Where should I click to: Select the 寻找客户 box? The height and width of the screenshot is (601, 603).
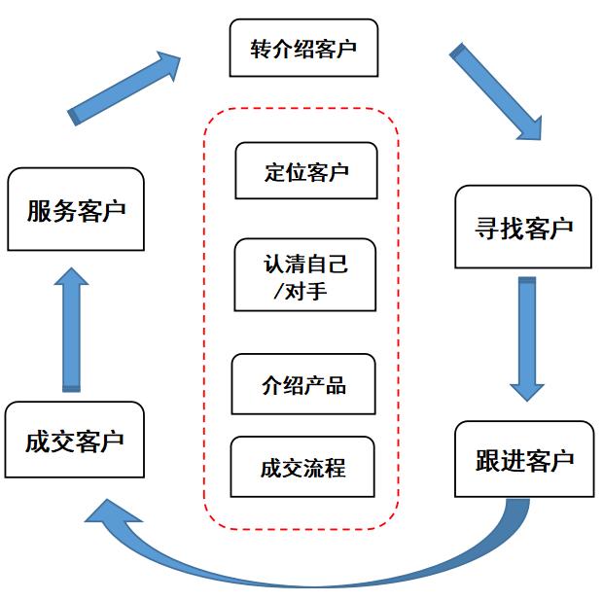coord(523,229)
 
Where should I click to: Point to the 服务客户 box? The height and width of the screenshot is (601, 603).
coord(75,210)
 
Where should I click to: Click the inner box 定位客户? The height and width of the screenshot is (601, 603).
coord(305,172)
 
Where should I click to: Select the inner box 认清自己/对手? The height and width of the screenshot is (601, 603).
coord(305,275)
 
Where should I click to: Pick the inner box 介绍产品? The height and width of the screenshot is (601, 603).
coord(303,384)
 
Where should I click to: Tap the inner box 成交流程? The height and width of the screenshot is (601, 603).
coord(302,467)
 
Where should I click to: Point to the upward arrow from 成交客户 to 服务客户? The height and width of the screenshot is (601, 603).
coord(71,330)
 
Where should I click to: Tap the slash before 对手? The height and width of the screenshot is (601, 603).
coord(281,290)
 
